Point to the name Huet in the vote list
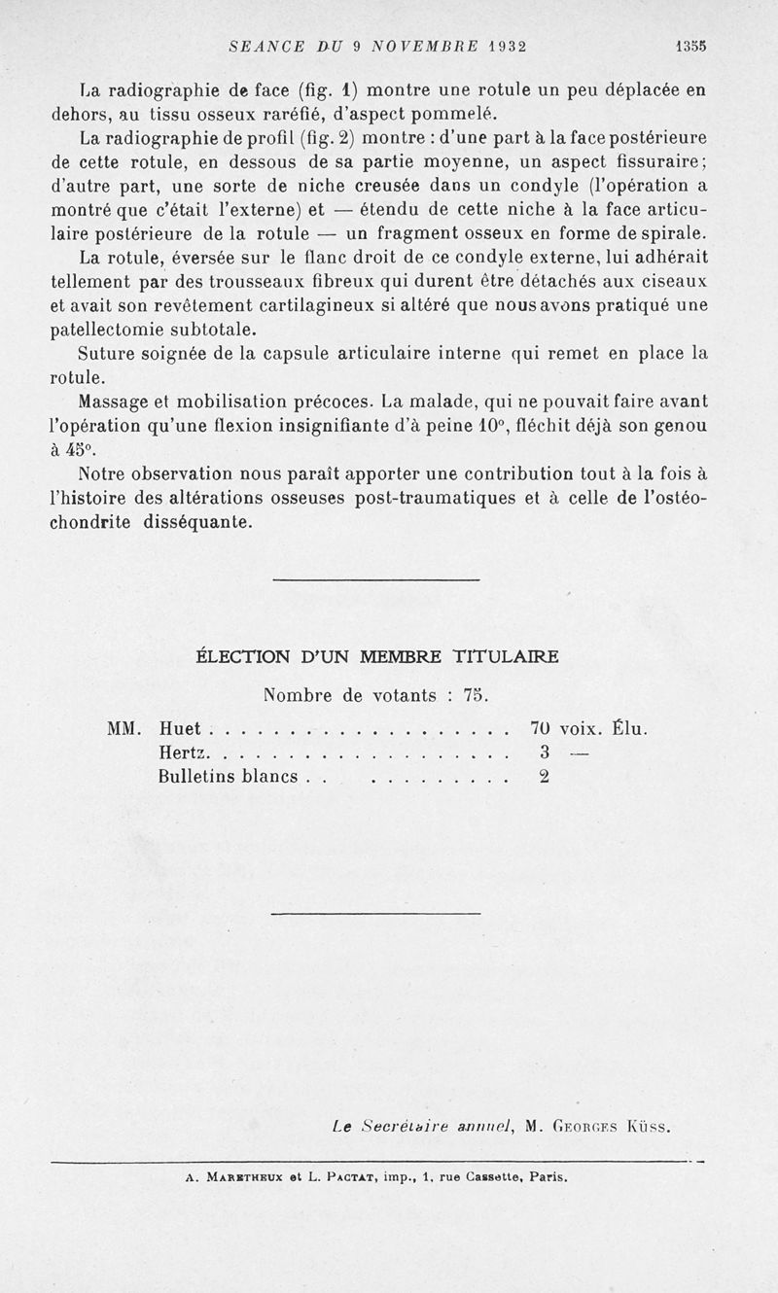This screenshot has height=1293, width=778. coord(180,728)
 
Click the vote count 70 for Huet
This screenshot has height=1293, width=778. coord(541,728)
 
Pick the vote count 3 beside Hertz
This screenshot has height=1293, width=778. coord(545,751)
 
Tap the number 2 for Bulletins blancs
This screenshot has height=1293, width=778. coord(545,776)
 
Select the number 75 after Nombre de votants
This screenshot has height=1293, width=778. coord(475,695)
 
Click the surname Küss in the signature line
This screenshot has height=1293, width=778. coord(649,1128)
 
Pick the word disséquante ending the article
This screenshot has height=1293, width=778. coord(198,522)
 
